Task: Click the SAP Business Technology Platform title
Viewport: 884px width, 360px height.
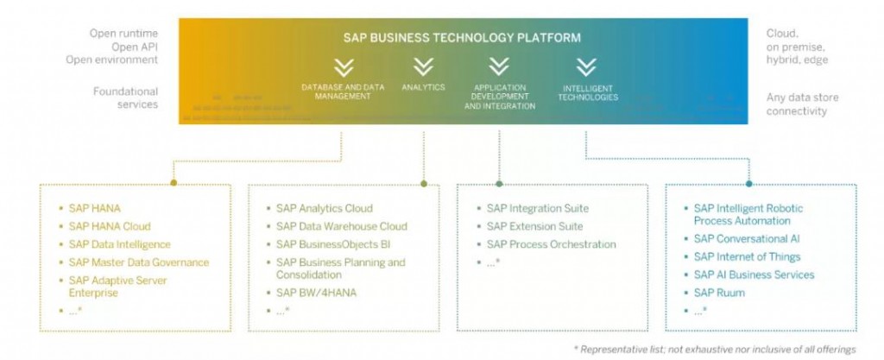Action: pos(462,38)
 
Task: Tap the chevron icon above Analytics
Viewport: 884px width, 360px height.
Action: pos(423,66)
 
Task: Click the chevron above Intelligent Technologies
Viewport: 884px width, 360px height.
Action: pos(586,66)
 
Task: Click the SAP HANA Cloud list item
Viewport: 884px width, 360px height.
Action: pos(110,226)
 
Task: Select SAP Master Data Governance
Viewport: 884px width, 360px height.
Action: pos(138,262)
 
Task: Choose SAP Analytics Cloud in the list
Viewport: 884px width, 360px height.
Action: pos(325,208)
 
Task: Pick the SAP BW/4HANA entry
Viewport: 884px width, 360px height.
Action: pos(316,293)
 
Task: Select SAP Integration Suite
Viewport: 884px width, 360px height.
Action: pos(537,208)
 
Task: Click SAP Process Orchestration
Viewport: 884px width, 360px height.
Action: pos(551,244)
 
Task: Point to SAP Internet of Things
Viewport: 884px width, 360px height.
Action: pos(747,256)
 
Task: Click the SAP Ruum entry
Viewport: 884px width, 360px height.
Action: pos(719,293)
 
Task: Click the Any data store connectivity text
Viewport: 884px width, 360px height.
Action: pos(802,104)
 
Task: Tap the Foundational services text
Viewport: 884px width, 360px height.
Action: pos(126,98)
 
